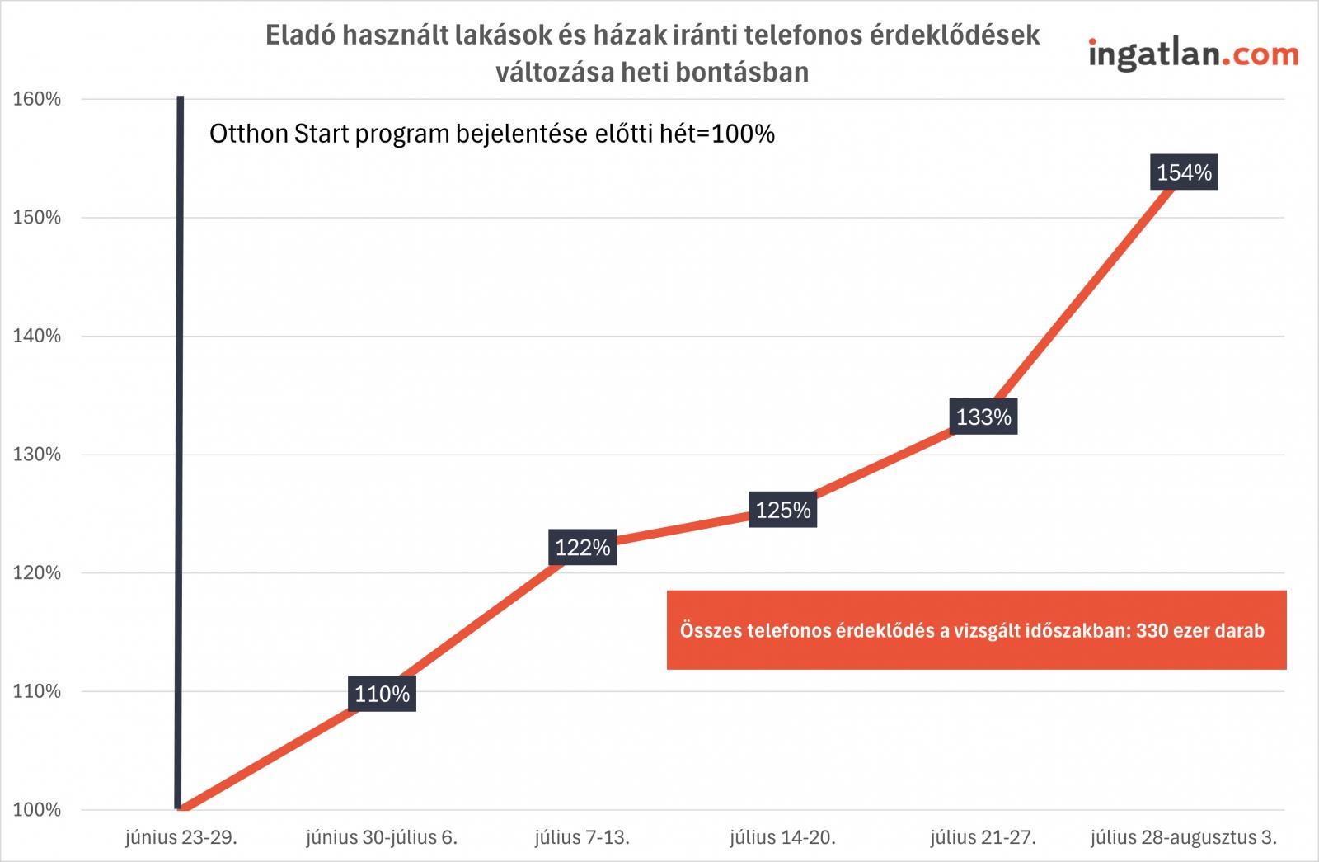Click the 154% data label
[1184, 173]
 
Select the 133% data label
[983, 417]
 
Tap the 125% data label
[783, 511]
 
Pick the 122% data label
[582, 548]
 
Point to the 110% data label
[382, 694]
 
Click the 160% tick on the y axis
[37, 99]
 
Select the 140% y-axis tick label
[37, 336]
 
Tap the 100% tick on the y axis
[37, 809]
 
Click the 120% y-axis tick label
[37, 572]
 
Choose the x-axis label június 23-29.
[181, 839]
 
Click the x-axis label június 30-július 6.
[382, 839]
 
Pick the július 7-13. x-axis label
[582, 839]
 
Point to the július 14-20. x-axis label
[782, 839]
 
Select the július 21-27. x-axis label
[983, 839]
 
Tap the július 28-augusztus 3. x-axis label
[1184, 839]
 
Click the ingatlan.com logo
[1193, 54]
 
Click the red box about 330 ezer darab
[976, 630]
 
